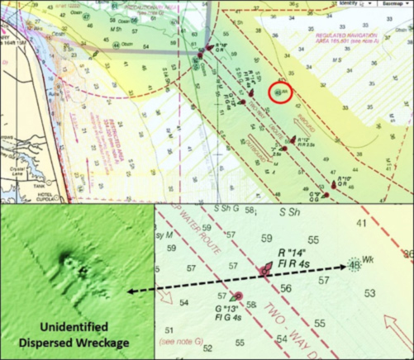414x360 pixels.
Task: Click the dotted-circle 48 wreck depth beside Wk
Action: [x=355, y=265]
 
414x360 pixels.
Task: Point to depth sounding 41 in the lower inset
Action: [x=361, y=223]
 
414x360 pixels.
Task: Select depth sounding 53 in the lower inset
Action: [x=370, y=293]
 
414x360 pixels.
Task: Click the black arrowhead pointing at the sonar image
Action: [x=131, y=293]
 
